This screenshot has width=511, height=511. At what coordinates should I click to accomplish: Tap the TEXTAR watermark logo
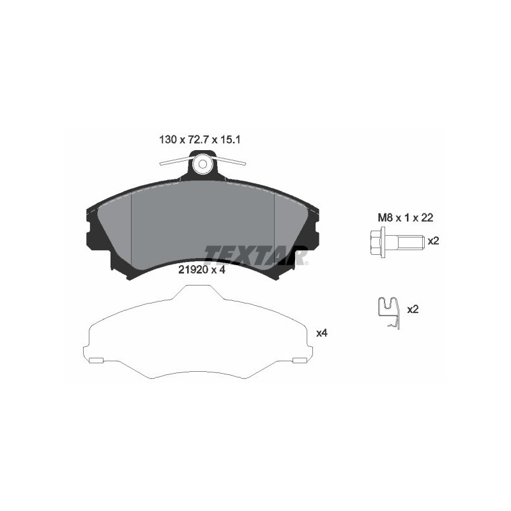point(256,254)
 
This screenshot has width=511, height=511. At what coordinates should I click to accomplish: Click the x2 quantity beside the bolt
point(433,241)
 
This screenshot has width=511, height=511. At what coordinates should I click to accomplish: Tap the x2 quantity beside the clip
point(413,309)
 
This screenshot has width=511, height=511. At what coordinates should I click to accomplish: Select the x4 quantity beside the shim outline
point(322,333)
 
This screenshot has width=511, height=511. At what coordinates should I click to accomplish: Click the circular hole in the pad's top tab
point(202,164)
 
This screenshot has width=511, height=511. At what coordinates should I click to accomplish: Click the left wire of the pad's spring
point(175,161)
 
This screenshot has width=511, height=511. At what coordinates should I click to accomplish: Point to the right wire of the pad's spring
point(230,160)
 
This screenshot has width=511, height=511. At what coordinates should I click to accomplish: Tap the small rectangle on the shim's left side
point(95,360)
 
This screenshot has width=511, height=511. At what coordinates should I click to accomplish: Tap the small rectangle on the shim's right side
point(299,360)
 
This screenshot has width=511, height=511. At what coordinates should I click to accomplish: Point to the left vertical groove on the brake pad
point(131,230)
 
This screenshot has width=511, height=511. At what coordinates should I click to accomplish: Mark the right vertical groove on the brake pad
point(274,230)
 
